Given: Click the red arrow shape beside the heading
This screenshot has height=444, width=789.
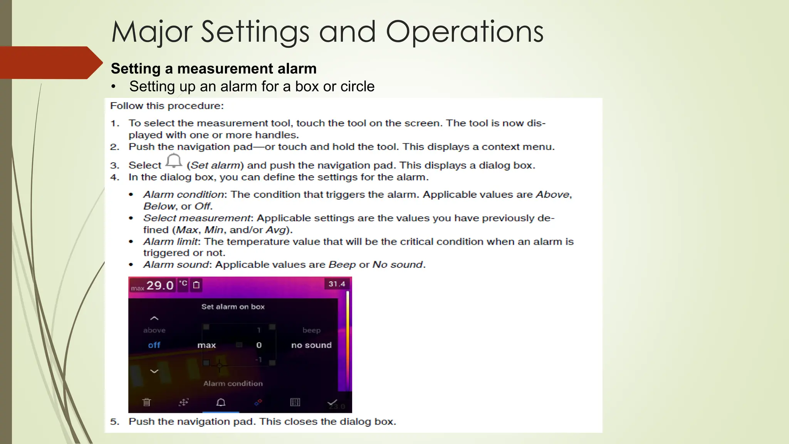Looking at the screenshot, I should tap(50, 62).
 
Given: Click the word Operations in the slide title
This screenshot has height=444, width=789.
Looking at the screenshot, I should tap(464, 32).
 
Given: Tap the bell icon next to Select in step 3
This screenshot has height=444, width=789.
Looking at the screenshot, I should tap(174, 161).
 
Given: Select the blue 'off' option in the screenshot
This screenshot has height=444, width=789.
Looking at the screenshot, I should tap(154, 345).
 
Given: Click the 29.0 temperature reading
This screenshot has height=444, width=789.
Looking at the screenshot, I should tap(160, 286).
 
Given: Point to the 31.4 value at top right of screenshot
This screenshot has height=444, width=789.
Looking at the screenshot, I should tap(337, 284).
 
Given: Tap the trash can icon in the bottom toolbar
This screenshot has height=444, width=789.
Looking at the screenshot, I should tap(146, 402).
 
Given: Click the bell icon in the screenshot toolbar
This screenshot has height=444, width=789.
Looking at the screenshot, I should tap(221, 402).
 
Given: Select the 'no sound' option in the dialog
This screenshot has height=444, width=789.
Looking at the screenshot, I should tap(311, 345).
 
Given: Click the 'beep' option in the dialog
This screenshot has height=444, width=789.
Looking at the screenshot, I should tap(311, 330).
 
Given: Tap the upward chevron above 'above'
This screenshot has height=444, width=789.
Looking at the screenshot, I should tap(154, 318).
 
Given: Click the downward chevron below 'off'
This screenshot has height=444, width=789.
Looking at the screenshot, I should tap(154, 372).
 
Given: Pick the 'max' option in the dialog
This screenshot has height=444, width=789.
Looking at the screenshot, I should tap(206, 345).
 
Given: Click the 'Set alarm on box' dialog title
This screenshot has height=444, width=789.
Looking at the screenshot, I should tap(233, 307).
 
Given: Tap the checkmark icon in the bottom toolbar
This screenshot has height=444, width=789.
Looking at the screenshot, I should tap(332, 402).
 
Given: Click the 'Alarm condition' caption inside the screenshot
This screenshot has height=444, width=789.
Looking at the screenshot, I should tap(233, 383).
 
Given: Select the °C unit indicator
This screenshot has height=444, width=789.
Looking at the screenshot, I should tap(183, 284).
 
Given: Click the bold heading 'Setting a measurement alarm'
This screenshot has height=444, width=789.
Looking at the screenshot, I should tap(213, 69).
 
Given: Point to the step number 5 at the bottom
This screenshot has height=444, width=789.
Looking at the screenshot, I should tap(114, 422).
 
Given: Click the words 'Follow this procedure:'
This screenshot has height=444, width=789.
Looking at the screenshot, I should tap(167, 106).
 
